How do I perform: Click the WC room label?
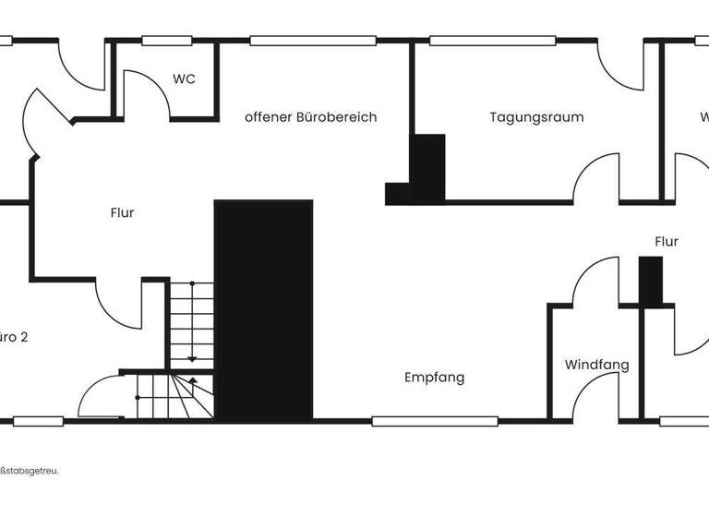184,79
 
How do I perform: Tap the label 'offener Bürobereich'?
310,117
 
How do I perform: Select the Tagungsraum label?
536,117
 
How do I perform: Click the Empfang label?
434,378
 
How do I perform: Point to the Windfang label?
596,365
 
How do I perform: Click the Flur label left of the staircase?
122,212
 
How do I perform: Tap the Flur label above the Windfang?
666,241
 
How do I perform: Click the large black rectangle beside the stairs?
263,309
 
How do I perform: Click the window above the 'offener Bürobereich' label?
312,41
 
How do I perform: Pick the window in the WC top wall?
166,41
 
